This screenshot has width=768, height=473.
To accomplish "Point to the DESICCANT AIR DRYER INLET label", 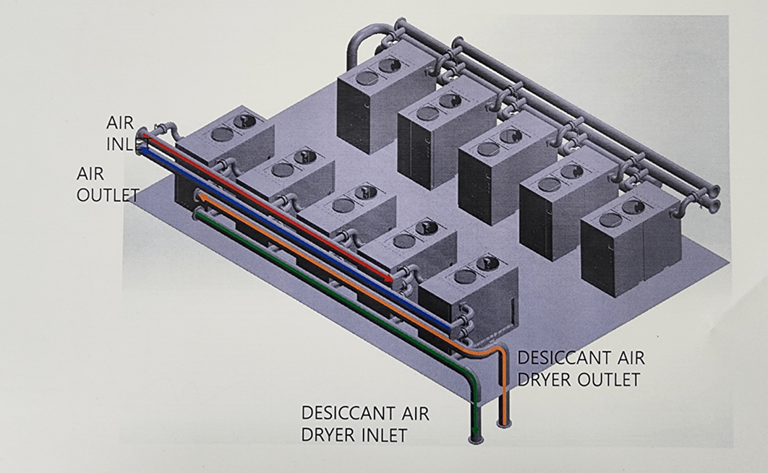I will click(x=365, y=424).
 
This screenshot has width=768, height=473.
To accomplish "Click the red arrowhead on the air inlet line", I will click(x=390, y=279).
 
